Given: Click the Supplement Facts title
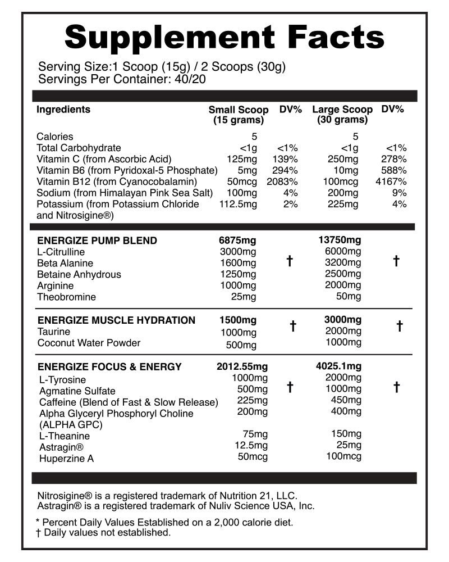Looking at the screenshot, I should click(x=224, y=37).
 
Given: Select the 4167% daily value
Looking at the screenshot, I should click(x=391, y=182).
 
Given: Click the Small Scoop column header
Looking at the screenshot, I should click(x=239, y=115).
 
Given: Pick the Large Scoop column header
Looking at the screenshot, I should click(x=342, y=115).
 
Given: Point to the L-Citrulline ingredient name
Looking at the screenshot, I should click(x=61, y=252).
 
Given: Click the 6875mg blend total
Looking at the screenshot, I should click(x=238, y=240).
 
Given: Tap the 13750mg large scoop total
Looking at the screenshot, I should click(x=341, y=240).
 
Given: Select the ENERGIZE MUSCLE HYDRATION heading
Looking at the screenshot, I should click(x=116, y=320).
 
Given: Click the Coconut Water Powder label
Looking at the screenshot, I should click(x=89, y=343).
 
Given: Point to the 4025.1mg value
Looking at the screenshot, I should click(x=339, y=366).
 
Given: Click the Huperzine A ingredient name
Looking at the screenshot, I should click(x=66, y=459).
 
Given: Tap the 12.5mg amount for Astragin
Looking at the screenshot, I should click(x=250, y=446).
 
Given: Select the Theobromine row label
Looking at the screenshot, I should click(x=66, y=297).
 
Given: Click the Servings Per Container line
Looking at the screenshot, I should click(x=122, y=79).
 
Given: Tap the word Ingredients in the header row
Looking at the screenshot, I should click(x=63, y=110).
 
